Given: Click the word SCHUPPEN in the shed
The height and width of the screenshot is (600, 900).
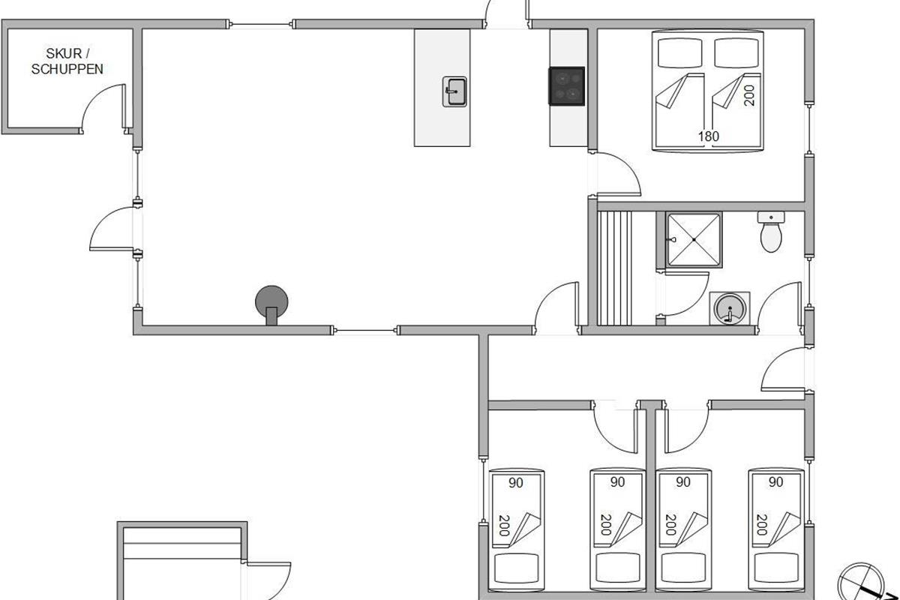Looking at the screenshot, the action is pyautogui.click(x=67, y=69).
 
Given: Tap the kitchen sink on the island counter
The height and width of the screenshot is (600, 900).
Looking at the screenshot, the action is pyautogui.click(x=454, y=91).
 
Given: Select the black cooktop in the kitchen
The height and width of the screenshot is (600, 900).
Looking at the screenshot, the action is pyautogui.click(x=566, y=86).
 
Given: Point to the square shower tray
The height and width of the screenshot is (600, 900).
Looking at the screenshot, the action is pyautogui.click(x=694, y=240).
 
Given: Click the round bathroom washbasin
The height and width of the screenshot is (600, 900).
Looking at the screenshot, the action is pyautogui.click(x=730, y=309).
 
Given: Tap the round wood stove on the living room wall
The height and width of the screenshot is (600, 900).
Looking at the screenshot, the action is pyautogui.click(x=271, y=304).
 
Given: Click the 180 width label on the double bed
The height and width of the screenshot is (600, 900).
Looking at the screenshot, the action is pyautogui.click(x=708, y=136).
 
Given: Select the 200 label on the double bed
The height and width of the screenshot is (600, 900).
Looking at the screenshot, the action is pyautogui.click(x=749, y=95).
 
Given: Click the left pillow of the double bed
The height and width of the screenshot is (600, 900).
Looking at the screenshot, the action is pyautogui.click(x=679, y=52).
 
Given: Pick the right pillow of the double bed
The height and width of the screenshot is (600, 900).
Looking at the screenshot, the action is pyautogui.click(x=736, y=52).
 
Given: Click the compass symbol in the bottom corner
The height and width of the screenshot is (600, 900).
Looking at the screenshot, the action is pyautogui.click(x=861, y=583).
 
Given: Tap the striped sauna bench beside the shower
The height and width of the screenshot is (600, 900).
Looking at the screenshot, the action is pyautogui.click(x=615, y=268).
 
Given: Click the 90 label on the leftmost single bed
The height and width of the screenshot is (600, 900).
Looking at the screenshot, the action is pyautogui.click(x=516, y=483).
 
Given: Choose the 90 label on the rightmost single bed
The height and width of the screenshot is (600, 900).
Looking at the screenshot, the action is pyautogui.click(x=775, y=481).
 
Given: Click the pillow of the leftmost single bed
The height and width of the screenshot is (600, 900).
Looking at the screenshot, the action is pyautogui.click(x=516, y=568).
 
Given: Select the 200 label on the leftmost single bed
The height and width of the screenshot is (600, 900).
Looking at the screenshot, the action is pyautogui.click(x=504, y=525).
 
